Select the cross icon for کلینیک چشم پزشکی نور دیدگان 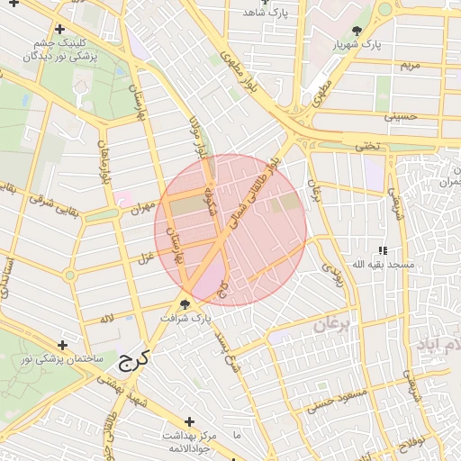click(x=59, y=29)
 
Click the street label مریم click(x=410, y=66)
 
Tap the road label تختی click(x=366, y=146)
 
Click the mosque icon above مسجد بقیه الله click(x=383, y=250)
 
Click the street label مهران click(x=133, y=209)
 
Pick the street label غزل click(x=143, y=259)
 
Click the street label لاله click(x=108, y=318)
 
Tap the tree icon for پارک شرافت click(x=185, y=304)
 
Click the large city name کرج click(x=131, y=360)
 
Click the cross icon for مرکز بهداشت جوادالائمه click(x=189, y=421)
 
